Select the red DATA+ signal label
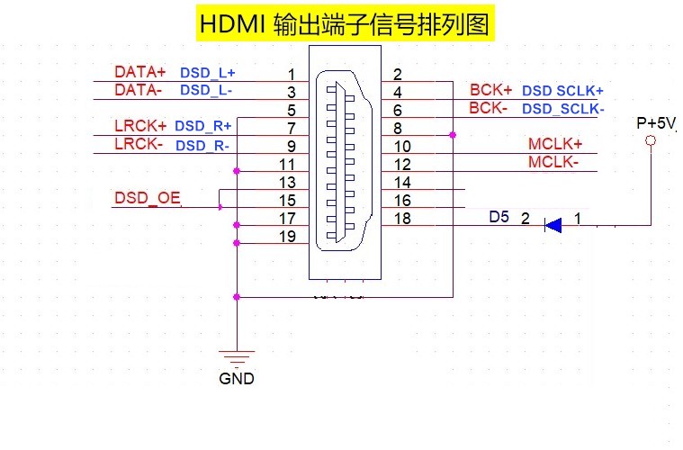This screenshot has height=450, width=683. click(140, 71)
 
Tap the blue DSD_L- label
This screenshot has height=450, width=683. click(207, 90)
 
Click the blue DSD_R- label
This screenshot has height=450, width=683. click(202, 145)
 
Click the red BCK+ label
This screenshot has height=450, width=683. click(490, 90)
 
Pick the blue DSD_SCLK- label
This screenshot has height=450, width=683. click(563, 109)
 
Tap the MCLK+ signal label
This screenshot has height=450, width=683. click(555, 144)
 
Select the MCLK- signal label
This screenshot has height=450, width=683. click(553, 163)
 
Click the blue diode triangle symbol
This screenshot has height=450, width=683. click(553, 224)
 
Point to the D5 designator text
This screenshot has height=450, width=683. click(499, 217)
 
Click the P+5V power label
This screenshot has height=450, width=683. click(656, 123)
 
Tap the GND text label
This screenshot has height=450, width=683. click(237, 379)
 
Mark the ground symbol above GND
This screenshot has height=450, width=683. click(237, 358)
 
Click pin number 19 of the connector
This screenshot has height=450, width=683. click(287, 237)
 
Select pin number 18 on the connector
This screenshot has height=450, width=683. click(402, 219)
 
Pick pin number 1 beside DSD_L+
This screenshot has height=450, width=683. click(291, 74)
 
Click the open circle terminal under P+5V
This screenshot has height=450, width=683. click(651, 142)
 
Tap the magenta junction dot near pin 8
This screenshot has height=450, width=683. click(453, 135)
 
